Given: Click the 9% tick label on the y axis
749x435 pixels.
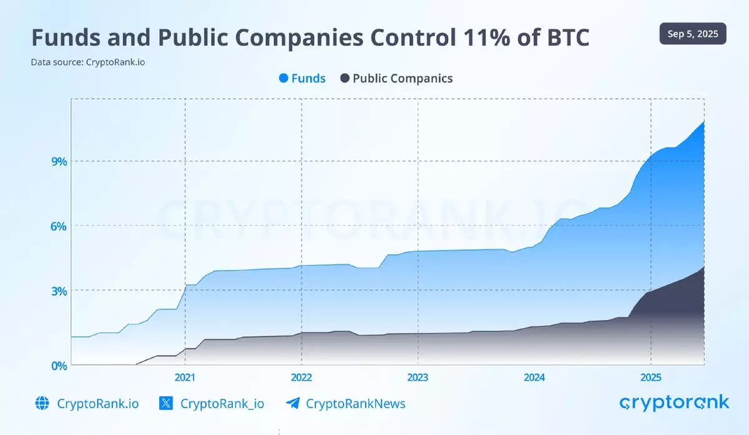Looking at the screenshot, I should coord(58,161).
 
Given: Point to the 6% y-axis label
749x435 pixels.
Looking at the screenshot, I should coord(58,226).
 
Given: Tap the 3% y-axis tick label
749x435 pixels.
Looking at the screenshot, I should coord(58,291).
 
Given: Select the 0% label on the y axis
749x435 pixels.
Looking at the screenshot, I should coord(58,365).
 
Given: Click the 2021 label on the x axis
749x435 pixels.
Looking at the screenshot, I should coord(185,377).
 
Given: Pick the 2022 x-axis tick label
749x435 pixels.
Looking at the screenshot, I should coord(301,377).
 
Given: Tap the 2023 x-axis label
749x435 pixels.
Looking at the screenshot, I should coord(418,377).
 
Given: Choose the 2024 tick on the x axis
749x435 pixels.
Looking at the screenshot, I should coord(534,377).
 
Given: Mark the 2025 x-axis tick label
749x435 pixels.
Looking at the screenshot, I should coord(651,377).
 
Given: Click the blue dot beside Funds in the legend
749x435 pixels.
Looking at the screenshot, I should coord(284,78).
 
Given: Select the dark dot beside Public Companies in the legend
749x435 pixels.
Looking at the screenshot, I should coord(345,78).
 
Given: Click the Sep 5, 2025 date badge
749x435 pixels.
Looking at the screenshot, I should coord(692,34).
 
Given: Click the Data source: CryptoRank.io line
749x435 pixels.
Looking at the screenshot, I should coord(88,62).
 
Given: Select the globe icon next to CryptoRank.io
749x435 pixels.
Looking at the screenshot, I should coord(42,403).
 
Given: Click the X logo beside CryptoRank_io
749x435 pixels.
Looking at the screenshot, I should coord(165,403).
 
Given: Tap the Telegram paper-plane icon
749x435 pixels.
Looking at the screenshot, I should coord(291,403).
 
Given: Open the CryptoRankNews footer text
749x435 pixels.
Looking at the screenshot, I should coord(355,404).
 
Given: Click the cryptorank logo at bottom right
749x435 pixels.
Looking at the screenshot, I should coord(673,402).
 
